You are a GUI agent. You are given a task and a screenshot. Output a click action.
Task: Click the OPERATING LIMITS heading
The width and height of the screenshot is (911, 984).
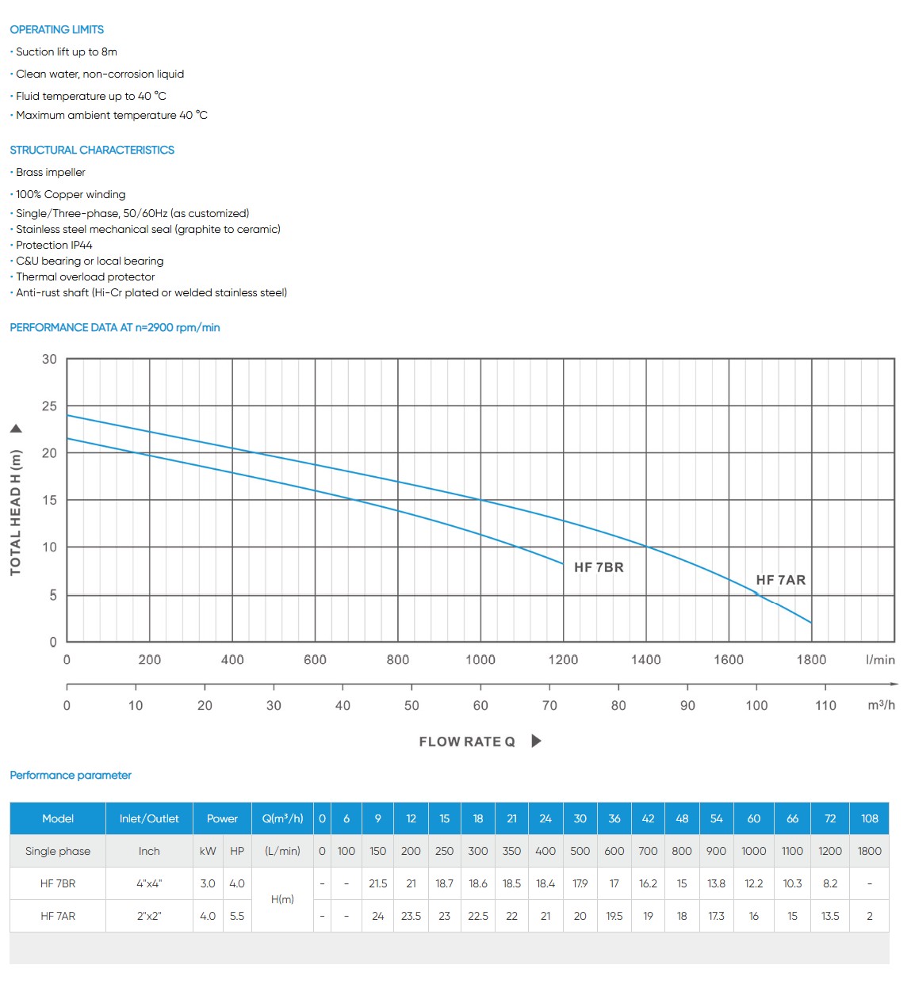click(56, 29)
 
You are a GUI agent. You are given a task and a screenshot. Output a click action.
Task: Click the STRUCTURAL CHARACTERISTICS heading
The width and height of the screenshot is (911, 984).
click(92, 150)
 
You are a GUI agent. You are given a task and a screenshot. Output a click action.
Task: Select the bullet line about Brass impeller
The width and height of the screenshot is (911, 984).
click(51, 172)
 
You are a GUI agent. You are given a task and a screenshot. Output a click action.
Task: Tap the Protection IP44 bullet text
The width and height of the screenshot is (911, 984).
click(54, 245)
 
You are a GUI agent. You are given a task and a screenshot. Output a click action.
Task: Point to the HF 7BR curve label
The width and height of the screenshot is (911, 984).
click(599, 567)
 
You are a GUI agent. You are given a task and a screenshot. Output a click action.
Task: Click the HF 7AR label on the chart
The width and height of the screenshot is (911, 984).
click(780, 580)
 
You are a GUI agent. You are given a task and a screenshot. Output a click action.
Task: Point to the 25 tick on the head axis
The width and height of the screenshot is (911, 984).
click(49, 406)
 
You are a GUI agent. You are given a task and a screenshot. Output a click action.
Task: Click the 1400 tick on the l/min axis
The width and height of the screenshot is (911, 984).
click(645, 659)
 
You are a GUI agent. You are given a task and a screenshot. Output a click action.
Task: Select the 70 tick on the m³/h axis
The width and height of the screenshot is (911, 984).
click(549, 705)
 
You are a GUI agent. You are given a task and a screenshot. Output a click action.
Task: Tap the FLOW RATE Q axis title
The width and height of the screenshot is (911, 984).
click(467, 742)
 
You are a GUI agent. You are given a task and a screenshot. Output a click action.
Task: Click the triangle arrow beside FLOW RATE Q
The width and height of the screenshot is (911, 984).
click(537, 741)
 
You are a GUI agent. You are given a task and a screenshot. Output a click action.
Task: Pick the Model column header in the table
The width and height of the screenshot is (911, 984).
click(58, 818)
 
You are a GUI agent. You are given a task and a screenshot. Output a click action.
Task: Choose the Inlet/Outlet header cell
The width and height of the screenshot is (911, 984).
click(149, 818)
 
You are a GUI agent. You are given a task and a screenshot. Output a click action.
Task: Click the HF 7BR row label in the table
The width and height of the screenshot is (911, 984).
click(58, 883)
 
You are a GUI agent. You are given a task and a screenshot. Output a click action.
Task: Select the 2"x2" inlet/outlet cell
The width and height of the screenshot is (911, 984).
click(149, 916)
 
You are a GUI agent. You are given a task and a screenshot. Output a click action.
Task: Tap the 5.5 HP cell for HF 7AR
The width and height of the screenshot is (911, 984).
click(237, 916)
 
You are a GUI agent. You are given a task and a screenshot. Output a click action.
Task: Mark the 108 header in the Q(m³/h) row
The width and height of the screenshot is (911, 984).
click(869, 818)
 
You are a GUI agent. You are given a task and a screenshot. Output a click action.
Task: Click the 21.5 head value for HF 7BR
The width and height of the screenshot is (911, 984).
click(378, 883)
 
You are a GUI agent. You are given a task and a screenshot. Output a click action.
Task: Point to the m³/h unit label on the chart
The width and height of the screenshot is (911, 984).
click(881, 705)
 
